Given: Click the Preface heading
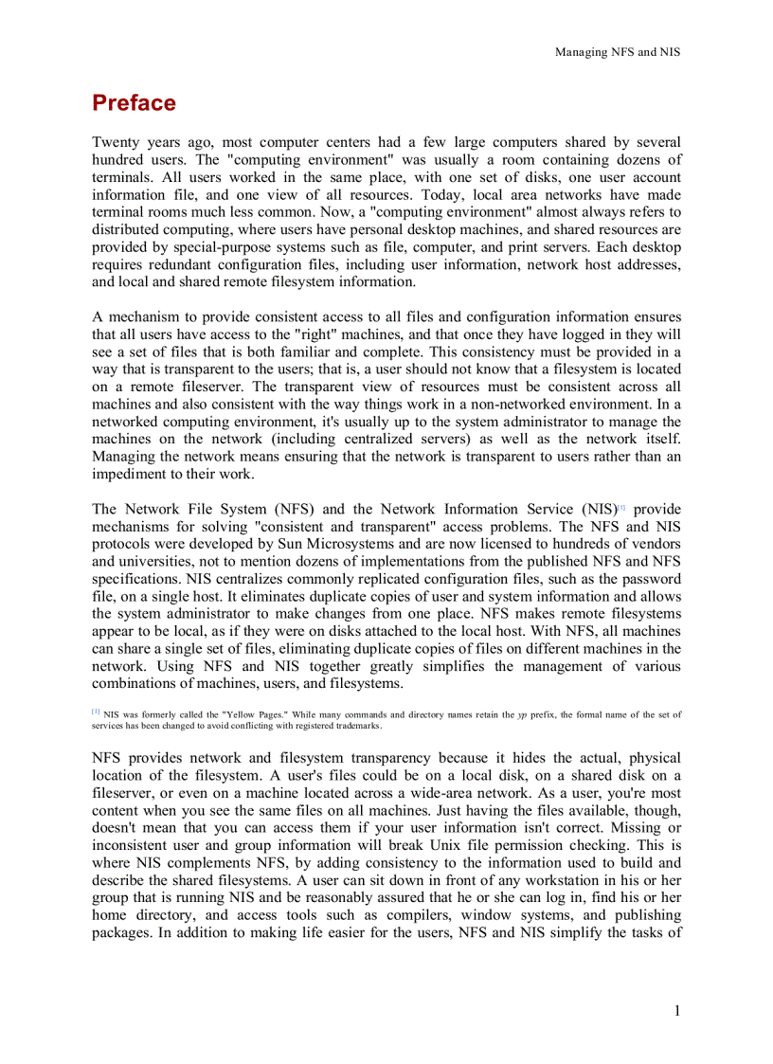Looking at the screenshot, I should [x=134, y=103].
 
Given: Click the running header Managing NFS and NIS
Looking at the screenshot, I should [x=617, y=52].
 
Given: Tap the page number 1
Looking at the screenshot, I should [x=677, y=1011].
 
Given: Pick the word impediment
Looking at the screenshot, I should [x=129, y=475].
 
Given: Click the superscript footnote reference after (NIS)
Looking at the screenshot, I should [x=621, y=508].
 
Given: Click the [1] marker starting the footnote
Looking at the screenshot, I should [x=96, y=712].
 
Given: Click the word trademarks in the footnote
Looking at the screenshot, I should [x=351, y=725].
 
